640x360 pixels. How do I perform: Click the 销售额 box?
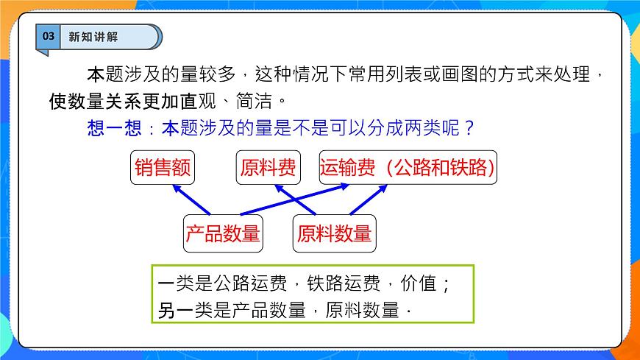coord(163,169)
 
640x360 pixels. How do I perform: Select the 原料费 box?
coord(268,169)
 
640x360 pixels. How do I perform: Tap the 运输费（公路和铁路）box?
coord(408,169)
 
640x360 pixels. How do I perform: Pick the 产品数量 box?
coord(223,234)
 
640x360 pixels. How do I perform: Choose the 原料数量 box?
coord(334,234)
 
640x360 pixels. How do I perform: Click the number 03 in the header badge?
coord(47,37)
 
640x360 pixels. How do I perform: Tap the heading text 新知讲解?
coord(93,37)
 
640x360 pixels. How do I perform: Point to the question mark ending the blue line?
coord(469,127)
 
